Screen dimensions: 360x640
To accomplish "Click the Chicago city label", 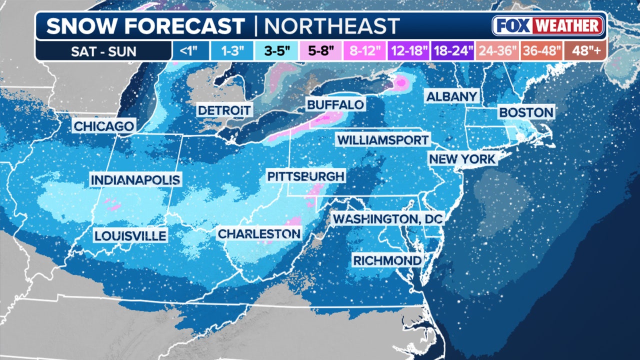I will (104, 126).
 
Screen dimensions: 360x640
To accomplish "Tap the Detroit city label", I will (224, 110).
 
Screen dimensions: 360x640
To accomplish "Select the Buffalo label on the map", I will (335, 105).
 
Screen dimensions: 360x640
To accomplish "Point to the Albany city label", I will (452, 96).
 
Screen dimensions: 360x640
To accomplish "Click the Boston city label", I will (526, 112).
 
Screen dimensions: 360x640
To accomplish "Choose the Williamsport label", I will (382, 139).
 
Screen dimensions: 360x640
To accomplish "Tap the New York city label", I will (462, 159).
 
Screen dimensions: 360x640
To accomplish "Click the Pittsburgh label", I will (305, 176).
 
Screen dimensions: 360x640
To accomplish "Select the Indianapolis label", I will (135, 180).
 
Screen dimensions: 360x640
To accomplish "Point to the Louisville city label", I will (130, 235).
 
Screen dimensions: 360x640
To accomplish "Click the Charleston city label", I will (259, 233).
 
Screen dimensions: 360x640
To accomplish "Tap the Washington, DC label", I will (388, 218).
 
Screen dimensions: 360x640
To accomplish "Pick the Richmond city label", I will (387, 260).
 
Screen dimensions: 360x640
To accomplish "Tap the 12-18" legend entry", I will (409, 51).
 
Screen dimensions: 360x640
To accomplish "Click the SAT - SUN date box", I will (103, 51).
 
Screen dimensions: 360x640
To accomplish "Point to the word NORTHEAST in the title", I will (331, 26).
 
